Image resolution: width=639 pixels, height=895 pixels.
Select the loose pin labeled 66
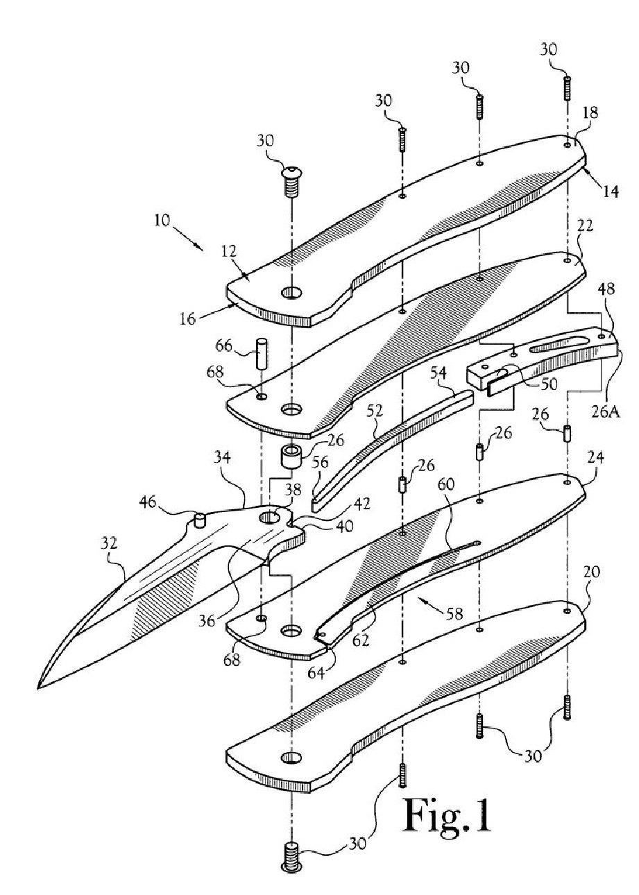tap(262, 353)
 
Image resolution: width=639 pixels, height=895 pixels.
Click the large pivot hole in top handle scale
tap(292, 293)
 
